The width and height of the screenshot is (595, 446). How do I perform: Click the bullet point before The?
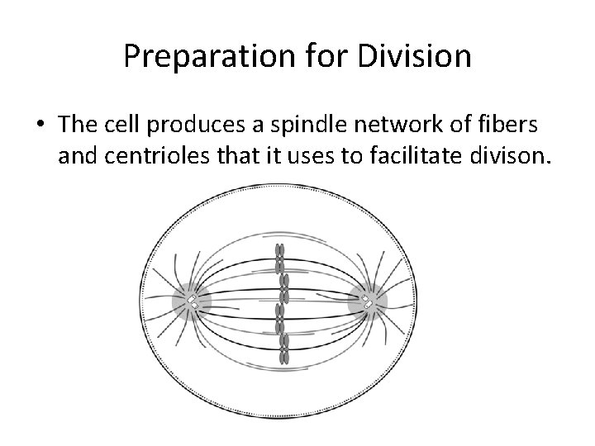41,125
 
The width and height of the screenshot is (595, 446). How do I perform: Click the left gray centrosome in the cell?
191,304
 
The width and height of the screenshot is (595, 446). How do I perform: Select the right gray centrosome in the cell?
367,304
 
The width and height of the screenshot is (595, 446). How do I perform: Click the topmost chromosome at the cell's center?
280,251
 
